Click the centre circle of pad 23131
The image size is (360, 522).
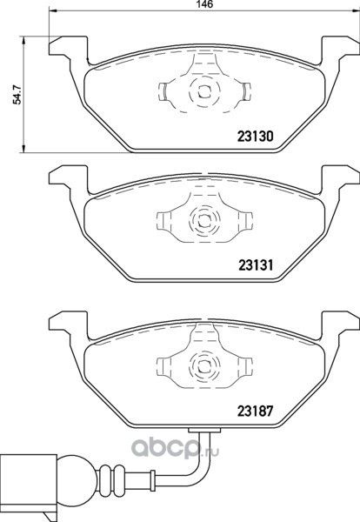point(202,220)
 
